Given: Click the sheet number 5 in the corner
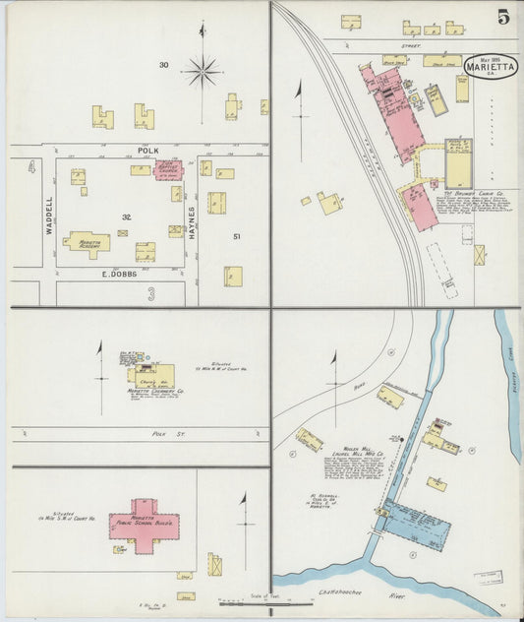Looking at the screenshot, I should [502, 17].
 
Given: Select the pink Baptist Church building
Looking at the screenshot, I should [168, 169].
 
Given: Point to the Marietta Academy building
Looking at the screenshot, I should [87, 241].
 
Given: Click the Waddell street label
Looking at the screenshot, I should [48, 213].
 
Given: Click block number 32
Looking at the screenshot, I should [127, 217].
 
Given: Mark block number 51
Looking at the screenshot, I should [237, 236].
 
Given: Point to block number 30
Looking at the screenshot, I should [164, 65].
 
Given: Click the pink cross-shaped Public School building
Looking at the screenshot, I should [146, 523].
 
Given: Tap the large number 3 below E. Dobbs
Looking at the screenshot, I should [150, 293].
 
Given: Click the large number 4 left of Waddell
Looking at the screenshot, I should [31, 168].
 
